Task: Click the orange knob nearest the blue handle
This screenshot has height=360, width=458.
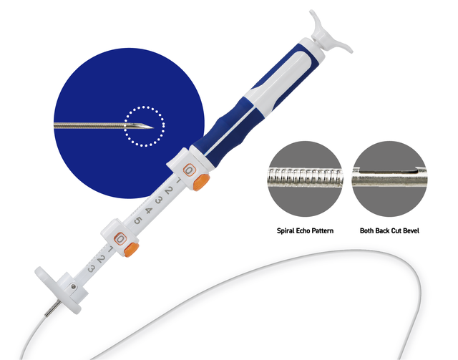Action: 201,182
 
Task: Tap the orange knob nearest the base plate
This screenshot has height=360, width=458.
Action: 132,249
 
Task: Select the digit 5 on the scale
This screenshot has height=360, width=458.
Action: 138,220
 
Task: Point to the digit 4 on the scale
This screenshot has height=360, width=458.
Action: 148,210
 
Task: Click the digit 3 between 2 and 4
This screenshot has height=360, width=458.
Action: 159,200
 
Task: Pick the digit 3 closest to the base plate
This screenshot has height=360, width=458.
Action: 91,268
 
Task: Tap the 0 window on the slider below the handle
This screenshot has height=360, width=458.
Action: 189,170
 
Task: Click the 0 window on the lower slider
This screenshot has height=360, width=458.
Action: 120,239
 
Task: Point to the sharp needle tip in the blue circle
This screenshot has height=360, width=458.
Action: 153,127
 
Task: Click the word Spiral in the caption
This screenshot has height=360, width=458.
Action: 286,231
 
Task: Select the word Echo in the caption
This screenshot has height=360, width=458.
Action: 303,230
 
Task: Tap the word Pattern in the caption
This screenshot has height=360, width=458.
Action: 323,230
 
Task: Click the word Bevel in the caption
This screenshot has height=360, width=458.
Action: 411,230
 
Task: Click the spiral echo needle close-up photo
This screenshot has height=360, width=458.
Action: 306,179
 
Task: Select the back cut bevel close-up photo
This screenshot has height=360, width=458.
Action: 389,179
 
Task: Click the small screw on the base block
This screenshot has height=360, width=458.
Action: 73,287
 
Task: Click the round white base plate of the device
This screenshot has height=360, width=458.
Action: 57,289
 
